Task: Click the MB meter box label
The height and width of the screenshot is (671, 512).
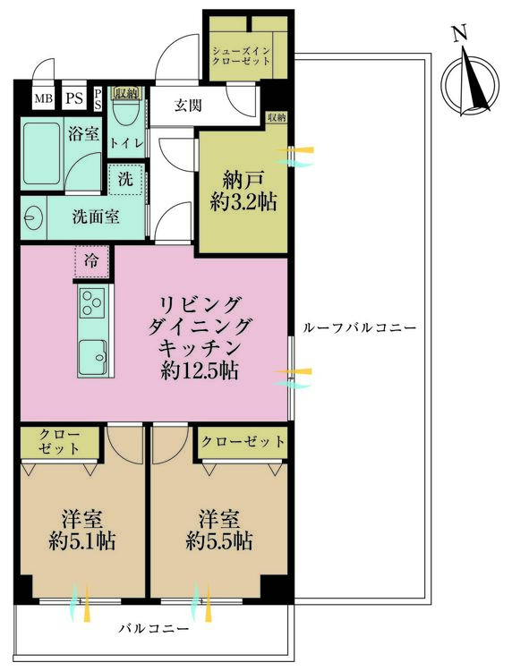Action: tap(43, 98)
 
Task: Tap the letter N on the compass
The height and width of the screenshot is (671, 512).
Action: tap(460, 33)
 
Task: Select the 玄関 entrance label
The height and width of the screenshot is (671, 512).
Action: tap(188, 105)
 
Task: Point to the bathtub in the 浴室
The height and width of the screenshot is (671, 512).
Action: tap(41, 153)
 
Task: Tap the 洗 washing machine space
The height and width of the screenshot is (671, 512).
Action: tap(125, 179)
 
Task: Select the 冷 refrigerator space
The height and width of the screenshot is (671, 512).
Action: tap(91, 261)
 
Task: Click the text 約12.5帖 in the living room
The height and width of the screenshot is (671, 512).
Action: tap(199, 370)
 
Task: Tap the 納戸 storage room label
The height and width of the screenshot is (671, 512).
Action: tap(243, 180)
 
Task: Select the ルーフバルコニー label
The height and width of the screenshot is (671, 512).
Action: tap(359, 328)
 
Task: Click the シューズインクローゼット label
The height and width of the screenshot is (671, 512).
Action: tap(242, 56)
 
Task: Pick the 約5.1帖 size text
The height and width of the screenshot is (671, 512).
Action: tap(82, 542)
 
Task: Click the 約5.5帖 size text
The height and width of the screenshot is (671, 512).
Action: tap(218, 542)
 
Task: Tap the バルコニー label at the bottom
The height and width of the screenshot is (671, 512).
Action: tap(154, 629)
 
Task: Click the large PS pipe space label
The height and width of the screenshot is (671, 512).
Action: tap(74, 98)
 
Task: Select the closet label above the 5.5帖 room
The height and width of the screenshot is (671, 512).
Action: tap(243, 441)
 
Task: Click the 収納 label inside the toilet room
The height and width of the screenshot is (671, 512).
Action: tap(126, 93)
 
